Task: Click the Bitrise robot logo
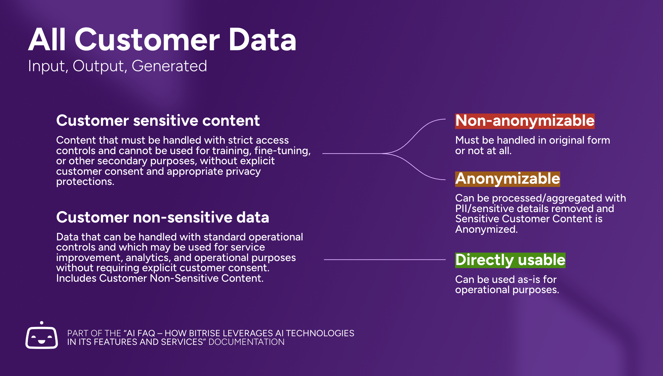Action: point(42,337)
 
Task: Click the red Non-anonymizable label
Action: point(525,121)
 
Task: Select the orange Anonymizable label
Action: point(507,179)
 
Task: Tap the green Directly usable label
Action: point(510,260)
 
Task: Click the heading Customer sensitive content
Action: point(158,121)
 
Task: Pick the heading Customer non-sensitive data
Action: point(162,217)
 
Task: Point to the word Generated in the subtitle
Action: point(169,66)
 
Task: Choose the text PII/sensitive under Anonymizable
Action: point(485,209)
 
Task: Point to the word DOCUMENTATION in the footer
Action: point(246,342)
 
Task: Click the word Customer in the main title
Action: point(147,40)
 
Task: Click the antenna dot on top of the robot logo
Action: point(42,323)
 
